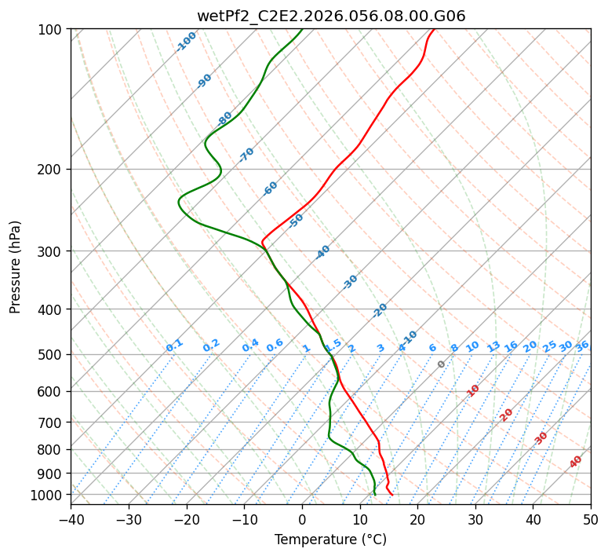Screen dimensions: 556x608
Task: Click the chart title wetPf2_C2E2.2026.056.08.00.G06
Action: coord(330,16)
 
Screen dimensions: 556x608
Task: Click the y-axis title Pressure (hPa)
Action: coord(16,266)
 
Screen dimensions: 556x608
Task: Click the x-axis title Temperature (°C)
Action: coord(330,540)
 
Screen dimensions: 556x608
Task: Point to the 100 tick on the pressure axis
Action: coord(52,30)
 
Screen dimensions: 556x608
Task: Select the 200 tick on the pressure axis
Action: coord(52,169)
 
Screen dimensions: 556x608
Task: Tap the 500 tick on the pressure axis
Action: coord(52,354)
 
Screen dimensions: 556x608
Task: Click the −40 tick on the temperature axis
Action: coord(71,519)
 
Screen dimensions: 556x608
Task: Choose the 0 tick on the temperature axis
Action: coord(302,519)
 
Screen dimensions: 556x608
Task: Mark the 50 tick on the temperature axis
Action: coord(591,519)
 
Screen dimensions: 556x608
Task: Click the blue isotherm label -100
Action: coord(186,42)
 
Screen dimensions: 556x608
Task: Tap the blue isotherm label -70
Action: coord(246,155)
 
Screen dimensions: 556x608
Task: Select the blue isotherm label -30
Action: coord(350,282)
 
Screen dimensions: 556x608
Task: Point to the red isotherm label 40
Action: coord(576,462)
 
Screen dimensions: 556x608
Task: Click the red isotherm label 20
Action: coord(507,414)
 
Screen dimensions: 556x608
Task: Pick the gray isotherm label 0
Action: coord(442,364)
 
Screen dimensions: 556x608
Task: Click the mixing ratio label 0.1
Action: coord(174,346)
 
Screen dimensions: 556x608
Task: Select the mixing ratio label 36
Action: coord(582,346)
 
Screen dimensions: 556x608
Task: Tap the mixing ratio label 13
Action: coord(493,346)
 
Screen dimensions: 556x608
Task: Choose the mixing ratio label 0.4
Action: coord(250,346)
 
